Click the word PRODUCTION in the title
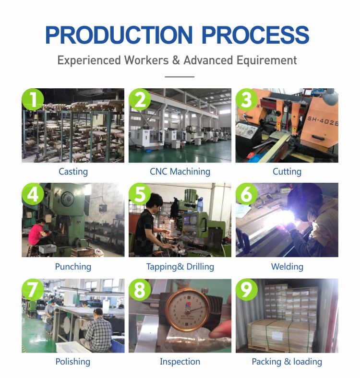pyautogui.click(x=119, y=35)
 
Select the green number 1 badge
pyautogui.click(x=33, y=99)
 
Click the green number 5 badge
pyautogui.click(x=140, y=194)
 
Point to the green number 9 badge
pyautogui.click(x=247, y=290)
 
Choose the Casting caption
pyautogui.click(x=73, y=172)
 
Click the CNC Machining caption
pyautogui.click(x=180, y=172)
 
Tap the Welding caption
pyautogui.click(x=287, y=267)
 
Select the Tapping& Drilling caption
pyautogui.click(x=180, y=267)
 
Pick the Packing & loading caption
pyautogui.click(x=287, y=362)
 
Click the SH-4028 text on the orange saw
pyautogui.click(x=323, y=121)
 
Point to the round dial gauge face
pyautogui.click(x=187, y=310)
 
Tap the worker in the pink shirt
pyautogui.click(x=36, y=233)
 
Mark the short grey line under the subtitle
pyautogui.click(x=180, y=77)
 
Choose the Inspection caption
pyautogui.click(x=180, y=362)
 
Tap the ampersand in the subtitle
pyautogui.click(x=176, y=60)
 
